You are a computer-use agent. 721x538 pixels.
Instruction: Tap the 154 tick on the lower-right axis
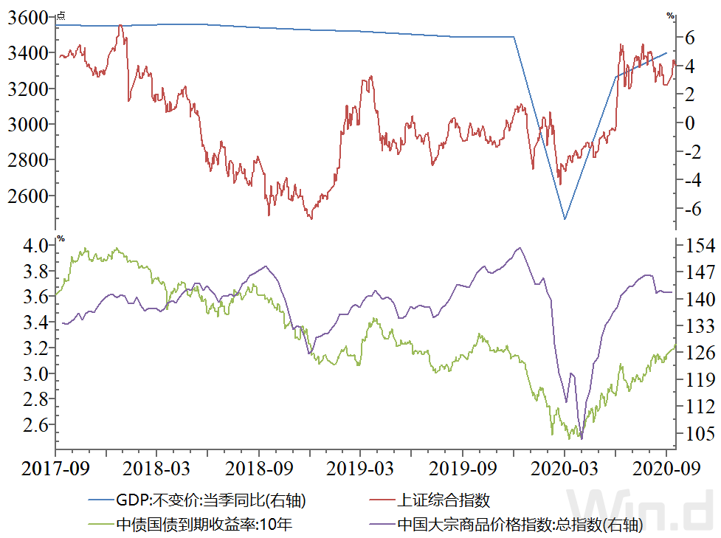[697, 246]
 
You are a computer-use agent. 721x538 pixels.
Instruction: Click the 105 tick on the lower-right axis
[697, 433]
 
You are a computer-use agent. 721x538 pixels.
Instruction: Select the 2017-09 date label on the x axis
[55, 469]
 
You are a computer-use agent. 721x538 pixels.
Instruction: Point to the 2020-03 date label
[565, 469]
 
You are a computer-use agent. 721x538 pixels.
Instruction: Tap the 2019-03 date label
[361, 469]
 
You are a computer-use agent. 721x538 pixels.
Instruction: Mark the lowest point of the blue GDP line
[565, 219]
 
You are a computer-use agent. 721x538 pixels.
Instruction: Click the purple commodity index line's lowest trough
[582, 438]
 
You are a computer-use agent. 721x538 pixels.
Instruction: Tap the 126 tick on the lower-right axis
[697, 353]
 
